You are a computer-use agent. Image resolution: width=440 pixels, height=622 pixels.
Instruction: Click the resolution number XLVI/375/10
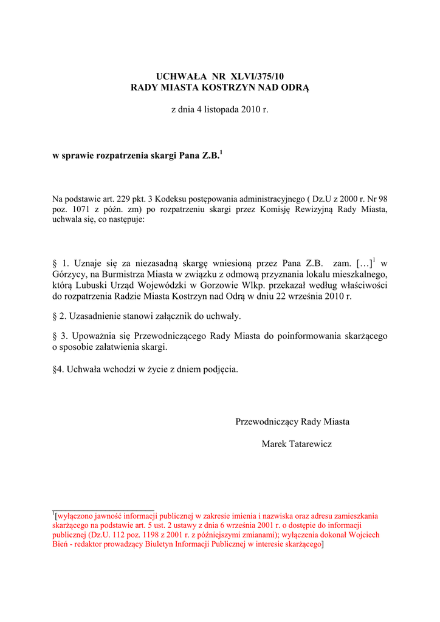click(256, 77)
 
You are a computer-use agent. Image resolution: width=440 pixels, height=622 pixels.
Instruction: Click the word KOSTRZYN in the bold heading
click(231, 88)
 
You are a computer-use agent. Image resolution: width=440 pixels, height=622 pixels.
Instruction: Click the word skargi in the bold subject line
click(159, 156)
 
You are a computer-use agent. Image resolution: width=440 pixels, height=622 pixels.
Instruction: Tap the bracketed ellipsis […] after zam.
click(362, 264)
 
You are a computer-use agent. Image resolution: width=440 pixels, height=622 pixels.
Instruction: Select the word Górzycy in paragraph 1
click(70, 275)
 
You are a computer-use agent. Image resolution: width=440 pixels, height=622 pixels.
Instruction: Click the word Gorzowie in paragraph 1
click(226, 285)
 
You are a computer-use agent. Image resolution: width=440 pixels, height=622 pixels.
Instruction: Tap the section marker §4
click(58, 369)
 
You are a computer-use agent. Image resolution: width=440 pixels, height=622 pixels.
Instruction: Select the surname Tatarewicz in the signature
click(309, 445)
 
